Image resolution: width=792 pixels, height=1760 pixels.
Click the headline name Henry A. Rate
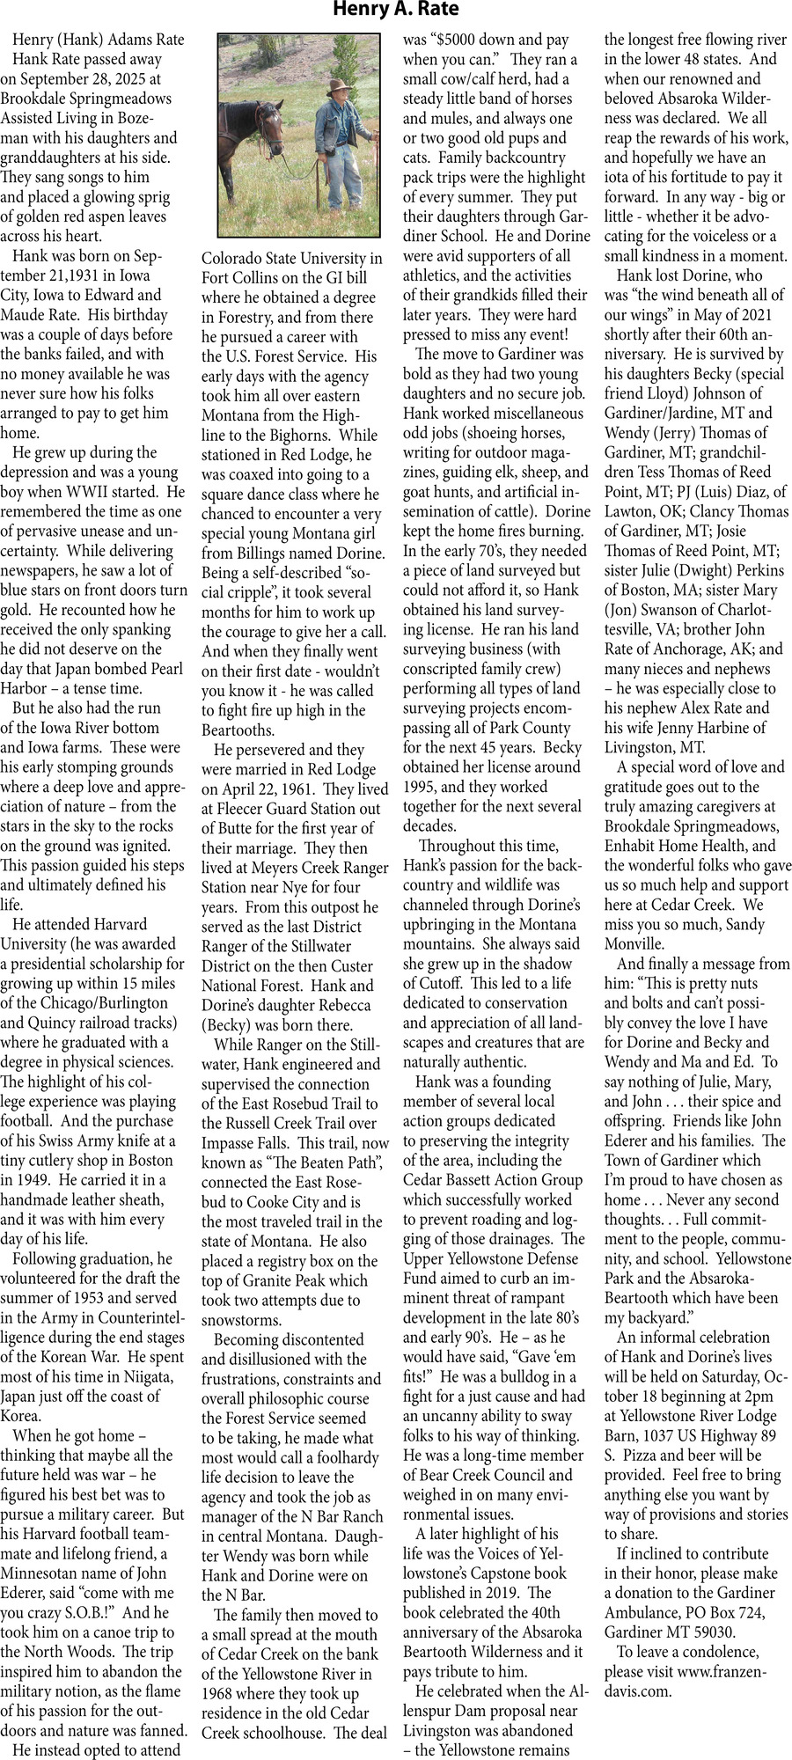pos(395,11)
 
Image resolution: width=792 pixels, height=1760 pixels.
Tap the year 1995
pos(420,787)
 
